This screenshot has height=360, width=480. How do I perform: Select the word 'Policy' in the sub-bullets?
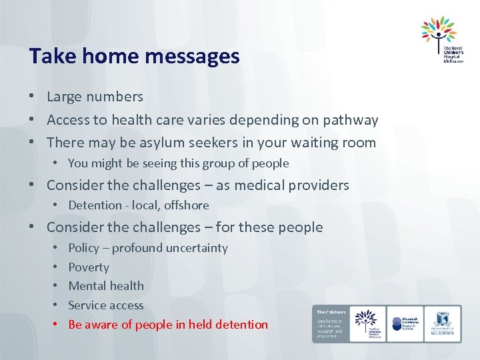pos(83,248)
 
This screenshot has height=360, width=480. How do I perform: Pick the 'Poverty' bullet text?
pos(89,267)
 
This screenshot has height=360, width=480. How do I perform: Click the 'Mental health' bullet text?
pos(106,286)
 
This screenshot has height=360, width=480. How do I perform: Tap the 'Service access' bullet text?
pos(106,305)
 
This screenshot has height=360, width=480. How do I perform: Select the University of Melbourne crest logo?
pos(442,323)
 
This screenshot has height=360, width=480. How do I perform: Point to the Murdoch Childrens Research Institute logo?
pos(405,323)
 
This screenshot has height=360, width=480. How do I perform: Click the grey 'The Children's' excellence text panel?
pos(330,323)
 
